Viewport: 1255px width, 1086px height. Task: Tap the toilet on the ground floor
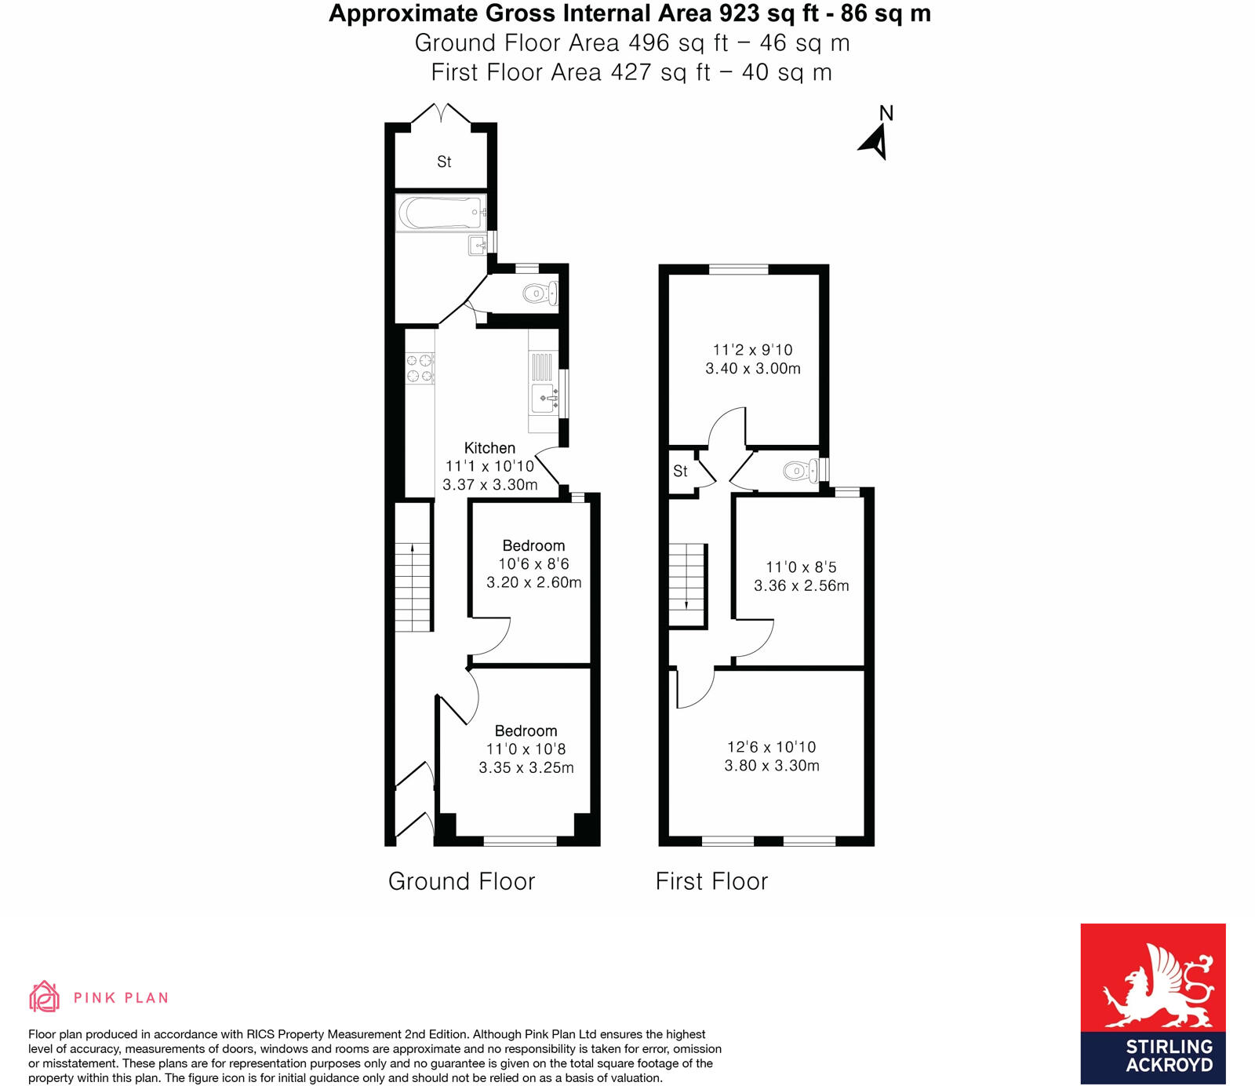point(540,293)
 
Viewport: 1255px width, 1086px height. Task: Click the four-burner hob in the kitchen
point(420,369)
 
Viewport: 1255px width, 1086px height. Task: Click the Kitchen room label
point(489,448)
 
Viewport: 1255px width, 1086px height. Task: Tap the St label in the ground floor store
point(444,162)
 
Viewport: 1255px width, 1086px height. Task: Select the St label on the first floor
point(680,471)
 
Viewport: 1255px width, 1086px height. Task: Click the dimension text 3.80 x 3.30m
point(772,766)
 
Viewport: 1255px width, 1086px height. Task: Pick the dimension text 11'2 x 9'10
point(752,350)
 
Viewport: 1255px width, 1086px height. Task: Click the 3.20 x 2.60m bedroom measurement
point(533,582)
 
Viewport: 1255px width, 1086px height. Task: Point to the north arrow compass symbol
point(875,143)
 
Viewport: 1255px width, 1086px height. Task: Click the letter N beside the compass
point(886,113)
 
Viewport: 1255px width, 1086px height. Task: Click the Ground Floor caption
point(461,881)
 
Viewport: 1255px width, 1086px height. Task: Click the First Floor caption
point(711,881)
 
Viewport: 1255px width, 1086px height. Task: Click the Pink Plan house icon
point(44,997)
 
